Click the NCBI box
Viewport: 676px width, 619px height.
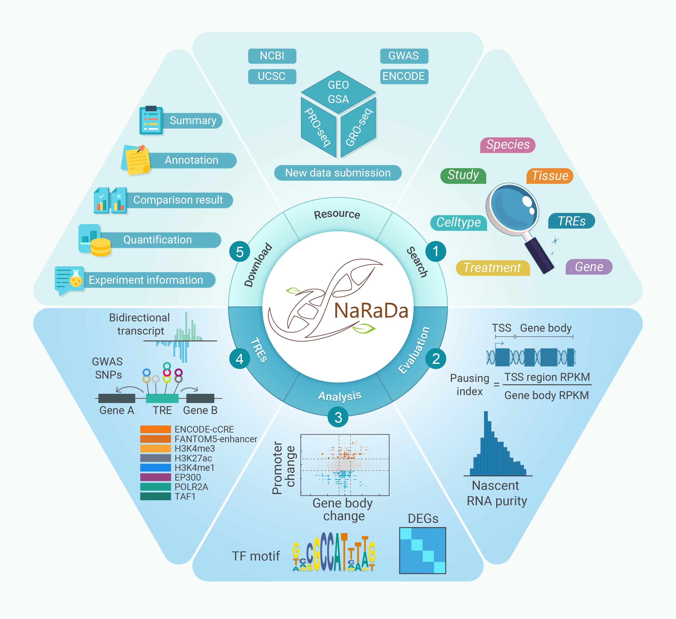pos(272,56)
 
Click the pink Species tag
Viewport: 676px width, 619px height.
pos(508,145)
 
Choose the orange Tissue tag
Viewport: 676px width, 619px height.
pos(550,176)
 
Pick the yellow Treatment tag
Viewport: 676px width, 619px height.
pos(492,268)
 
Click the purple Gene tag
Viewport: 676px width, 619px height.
pos(589,267)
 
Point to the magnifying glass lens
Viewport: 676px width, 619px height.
pos(513,209)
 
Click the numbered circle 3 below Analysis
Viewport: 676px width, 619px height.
pos(338,418)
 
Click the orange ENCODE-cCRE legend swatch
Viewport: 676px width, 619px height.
pos(155,429)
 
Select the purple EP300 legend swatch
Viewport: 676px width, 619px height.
pos(155,477)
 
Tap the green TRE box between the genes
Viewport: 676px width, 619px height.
pos(162,398)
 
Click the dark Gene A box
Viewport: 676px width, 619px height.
pos(117,398)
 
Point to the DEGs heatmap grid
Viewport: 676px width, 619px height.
pos(422,550)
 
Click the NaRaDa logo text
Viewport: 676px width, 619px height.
pos(371,311)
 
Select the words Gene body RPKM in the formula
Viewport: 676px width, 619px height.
pos(546,395)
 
